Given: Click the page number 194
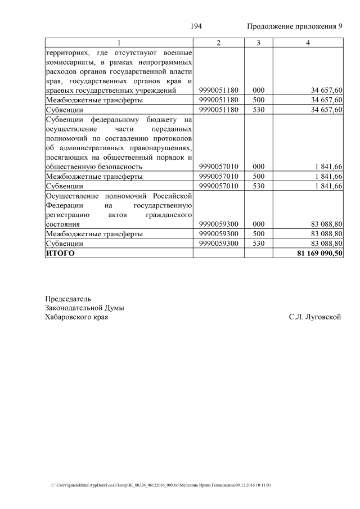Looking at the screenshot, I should (196, 27).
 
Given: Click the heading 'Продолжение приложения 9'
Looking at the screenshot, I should (295, 27).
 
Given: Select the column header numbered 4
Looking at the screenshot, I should (308, 43).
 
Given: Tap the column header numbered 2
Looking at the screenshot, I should (218, 43).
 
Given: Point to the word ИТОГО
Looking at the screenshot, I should (60, 254).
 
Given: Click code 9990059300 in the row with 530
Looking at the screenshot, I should (218, 244).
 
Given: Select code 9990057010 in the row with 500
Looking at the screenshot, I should (218, 176).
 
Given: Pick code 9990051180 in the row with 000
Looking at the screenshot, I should (218, 90).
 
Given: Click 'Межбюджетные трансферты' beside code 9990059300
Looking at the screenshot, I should (94, 234).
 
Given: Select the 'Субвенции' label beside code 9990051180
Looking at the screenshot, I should (65, 109).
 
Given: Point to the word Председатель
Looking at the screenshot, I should (67, 298).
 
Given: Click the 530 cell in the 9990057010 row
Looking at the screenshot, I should (259, 186).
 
